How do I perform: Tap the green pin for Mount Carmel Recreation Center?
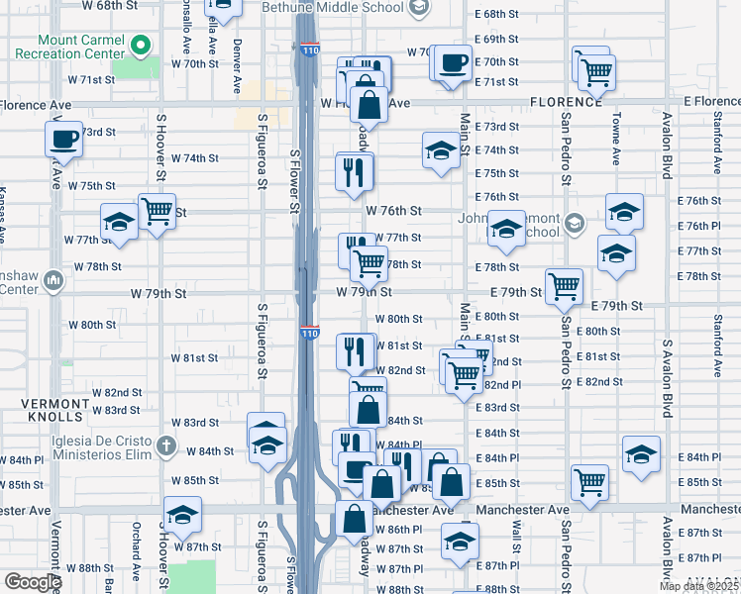click(x=141, y=45)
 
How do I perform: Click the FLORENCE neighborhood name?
click(x=566, y=102)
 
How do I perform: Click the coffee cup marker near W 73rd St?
click(x=63, y=138)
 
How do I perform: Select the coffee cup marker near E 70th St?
click(x=454, y=62)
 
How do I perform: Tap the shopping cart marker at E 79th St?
click(x=564, y=285)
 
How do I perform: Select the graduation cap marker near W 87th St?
click(x=182, y=514)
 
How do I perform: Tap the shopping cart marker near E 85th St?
click(x=589, y=482)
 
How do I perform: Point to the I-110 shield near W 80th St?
click(x=310, y=334)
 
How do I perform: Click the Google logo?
click(x=34, y=581)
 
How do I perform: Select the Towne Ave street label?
click(x=615, y=139)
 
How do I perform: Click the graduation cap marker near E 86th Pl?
click(x=460, y=541)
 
